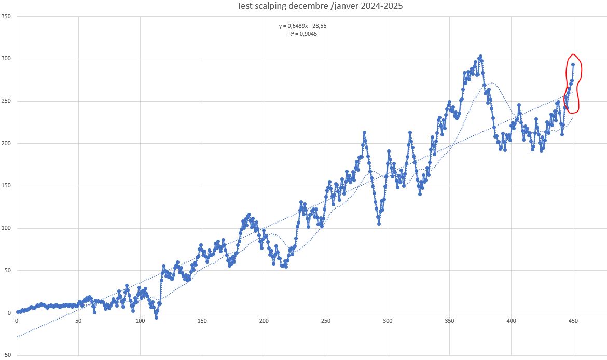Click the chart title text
click(x=320, y=6)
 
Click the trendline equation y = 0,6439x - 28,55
click(x=303, y=26)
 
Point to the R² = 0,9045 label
click(x=303, y=34)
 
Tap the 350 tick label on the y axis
click(x=6, y=17)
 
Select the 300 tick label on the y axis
click(x=6, y=59)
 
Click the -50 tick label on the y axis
click(x=6, y=355)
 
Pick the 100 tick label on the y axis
click(x=6, y=228)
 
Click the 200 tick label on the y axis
click(x=6, y=144)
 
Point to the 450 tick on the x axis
click(x=573, y=321)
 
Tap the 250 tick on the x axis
click(x=326, y=321)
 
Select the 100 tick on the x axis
click(x=141, y=321)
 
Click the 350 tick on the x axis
click(x=449, y=321)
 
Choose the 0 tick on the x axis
click(x=17, y=321)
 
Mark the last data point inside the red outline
click(x=573, y=65)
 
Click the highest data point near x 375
click(x=480, y=57)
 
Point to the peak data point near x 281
click(x=364, y=133)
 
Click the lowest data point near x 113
click(x=156, y=317)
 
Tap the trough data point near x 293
click(x=379, y=224)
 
